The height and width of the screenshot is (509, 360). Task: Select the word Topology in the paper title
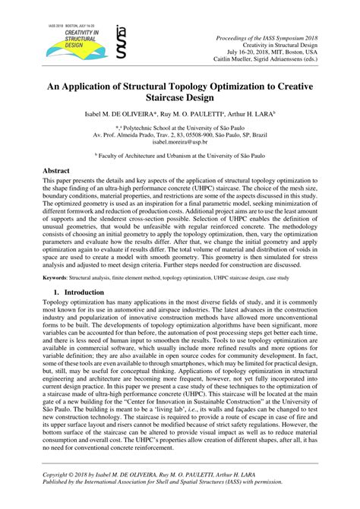[197, 84]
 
